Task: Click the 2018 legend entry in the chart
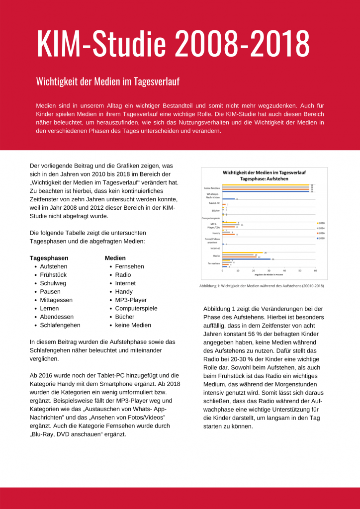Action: (321, 238)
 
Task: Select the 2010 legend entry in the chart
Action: (321, 223)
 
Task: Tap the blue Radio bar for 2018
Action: (246, 259)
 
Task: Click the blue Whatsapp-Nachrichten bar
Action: (229, 199)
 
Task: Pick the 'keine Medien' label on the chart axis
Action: (212, 188)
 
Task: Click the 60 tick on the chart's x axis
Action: (315, 271)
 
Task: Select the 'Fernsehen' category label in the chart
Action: (214, 263)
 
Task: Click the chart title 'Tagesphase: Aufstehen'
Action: (264, 177)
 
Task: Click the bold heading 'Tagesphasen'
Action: (49, 258)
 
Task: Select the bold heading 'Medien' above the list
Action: (115, 258)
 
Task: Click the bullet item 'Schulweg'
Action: (53, 283)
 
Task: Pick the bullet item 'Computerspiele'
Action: (136, 309)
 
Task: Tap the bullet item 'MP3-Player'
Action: (131, 300)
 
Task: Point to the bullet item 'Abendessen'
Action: (57, 317)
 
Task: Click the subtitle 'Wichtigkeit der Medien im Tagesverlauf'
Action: (107, 82)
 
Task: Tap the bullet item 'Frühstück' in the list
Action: (53, 275)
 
